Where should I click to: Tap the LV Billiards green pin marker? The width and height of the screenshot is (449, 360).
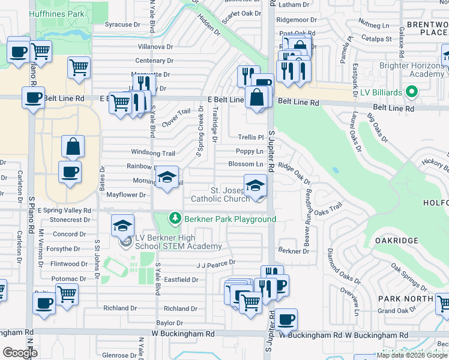(411, 93)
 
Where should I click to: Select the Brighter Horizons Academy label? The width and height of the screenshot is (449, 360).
(411, 70)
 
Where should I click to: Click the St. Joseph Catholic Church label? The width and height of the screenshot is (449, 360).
(219, 194)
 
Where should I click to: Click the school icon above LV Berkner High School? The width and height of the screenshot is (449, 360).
(122, 226)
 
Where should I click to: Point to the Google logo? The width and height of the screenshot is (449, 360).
(20, 353)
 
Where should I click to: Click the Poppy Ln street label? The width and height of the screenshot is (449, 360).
(250, 152)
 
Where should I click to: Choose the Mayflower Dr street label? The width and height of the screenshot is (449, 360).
(126, 195)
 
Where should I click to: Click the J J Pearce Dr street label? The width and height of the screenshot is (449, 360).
(216, 263)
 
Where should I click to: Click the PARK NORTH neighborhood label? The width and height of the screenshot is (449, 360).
(405, 298)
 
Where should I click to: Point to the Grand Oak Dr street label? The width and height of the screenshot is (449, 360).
(396, 310)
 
